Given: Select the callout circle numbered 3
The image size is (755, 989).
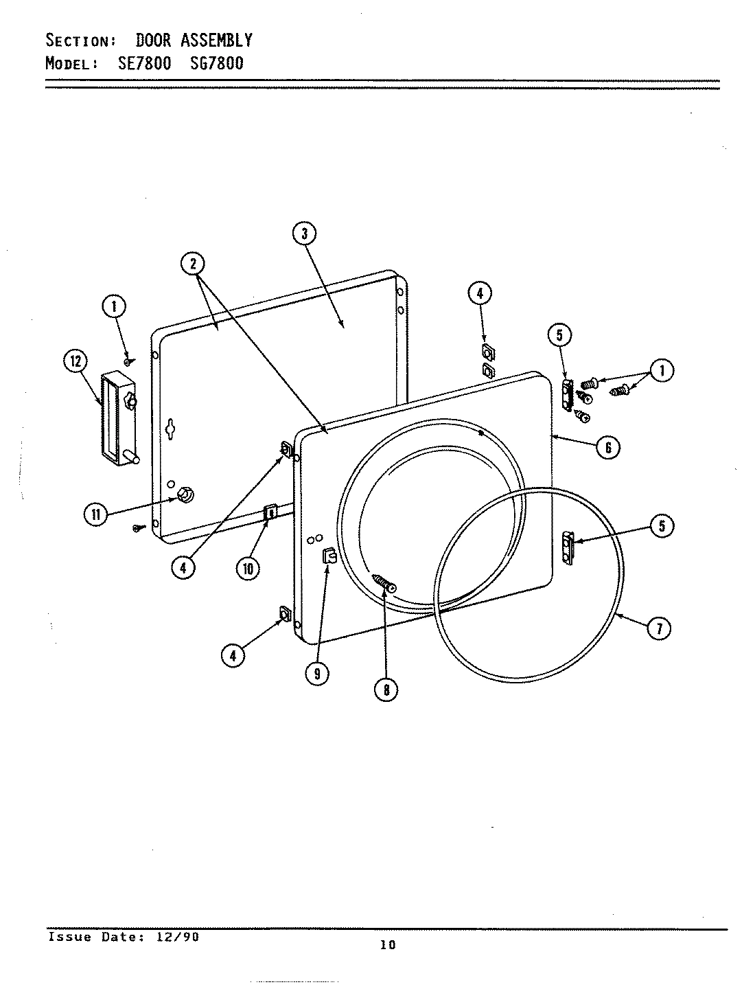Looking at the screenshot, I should (303, 234).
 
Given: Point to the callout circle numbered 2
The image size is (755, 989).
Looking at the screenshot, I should (194, 264).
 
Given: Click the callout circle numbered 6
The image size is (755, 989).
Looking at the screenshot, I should (607, 447).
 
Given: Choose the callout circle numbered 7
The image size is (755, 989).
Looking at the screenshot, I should (659, 628).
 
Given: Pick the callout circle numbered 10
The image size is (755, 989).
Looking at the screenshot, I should (247, 568).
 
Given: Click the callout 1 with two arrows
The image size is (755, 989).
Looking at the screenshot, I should (661, 371).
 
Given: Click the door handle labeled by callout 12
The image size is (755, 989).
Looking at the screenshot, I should (119, 418).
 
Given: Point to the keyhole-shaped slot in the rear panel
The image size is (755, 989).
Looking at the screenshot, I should (169, 429).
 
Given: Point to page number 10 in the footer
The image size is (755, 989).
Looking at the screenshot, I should (388, 945).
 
